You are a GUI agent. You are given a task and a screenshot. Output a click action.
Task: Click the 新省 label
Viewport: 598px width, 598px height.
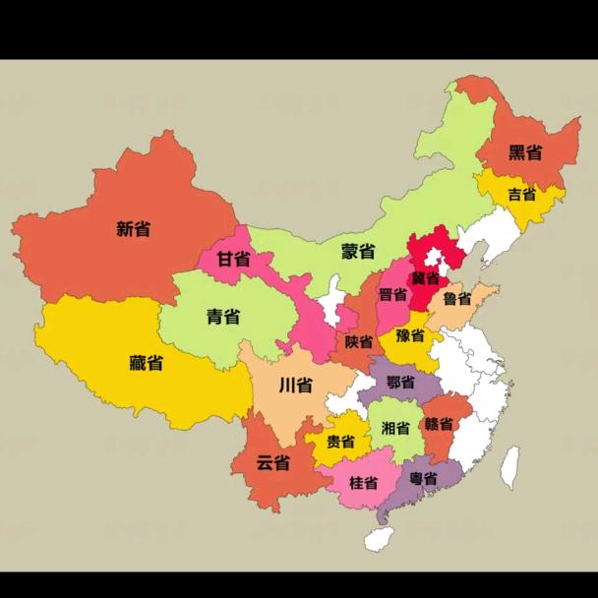(x=133, y=229)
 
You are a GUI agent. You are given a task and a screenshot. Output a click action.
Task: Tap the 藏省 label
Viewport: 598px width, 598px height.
(x=146, y=363)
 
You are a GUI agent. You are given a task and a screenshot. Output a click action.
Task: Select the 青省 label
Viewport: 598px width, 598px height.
(x=223, y=316)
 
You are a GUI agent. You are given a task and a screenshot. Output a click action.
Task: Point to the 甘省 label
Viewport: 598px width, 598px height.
(x=233, y=260)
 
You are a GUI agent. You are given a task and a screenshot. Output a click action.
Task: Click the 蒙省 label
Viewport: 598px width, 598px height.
(x=358, y=251)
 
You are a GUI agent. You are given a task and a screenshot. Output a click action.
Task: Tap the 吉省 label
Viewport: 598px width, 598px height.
(x=522, y=194)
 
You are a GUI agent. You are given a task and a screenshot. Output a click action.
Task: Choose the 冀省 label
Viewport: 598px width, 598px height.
(x=425, y=277)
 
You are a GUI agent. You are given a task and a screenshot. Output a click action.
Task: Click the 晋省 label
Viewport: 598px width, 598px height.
(x=392, y=295)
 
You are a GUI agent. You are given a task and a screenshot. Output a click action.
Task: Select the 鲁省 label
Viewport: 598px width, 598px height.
(x=455, y=299)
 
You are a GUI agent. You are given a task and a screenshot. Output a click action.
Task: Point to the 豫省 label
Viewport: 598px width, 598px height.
(x=411, y=335)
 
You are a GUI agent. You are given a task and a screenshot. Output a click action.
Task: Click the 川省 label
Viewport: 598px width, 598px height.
(x=296, y=385)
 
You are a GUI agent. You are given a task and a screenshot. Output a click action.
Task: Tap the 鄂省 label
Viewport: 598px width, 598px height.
(x=400, y=383)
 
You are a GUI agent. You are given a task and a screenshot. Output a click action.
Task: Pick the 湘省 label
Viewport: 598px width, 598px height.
(x=395, y=428)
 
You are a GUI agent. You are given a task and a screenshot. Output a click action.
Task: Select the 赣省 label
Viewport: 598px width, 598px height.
(x=439, y=425)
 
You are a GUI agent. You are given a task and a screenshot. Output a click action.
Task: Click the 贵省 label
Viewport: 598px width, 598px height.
(x=340, y=442)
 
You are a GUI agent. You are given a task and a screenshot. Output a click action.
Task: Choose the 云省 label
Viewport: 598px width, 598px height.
(x=272, y=462)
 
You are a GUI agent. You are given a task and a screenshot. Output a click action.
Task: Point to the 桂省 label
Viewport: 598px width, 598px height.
(x=364, y=483)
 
